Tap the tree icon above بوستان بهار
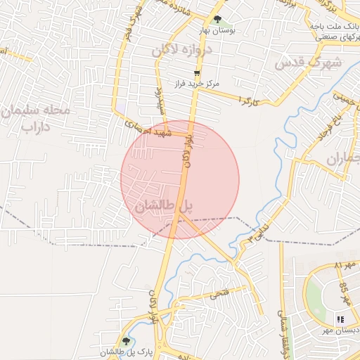tap(218, 20)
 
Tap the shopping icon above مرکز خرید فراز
tap(198, 73)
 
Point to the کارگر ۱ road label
tap(250, 102)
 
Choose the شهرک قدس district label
tap(307, 63)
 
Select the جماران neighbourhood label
tap(342, 157)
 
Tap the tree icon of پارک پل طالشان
tap(127, 342)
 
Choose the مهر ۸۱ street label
tap(347, 266)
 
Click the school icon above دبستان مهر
tap(341, 320)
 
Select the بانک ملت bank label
tap(335, 26)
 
